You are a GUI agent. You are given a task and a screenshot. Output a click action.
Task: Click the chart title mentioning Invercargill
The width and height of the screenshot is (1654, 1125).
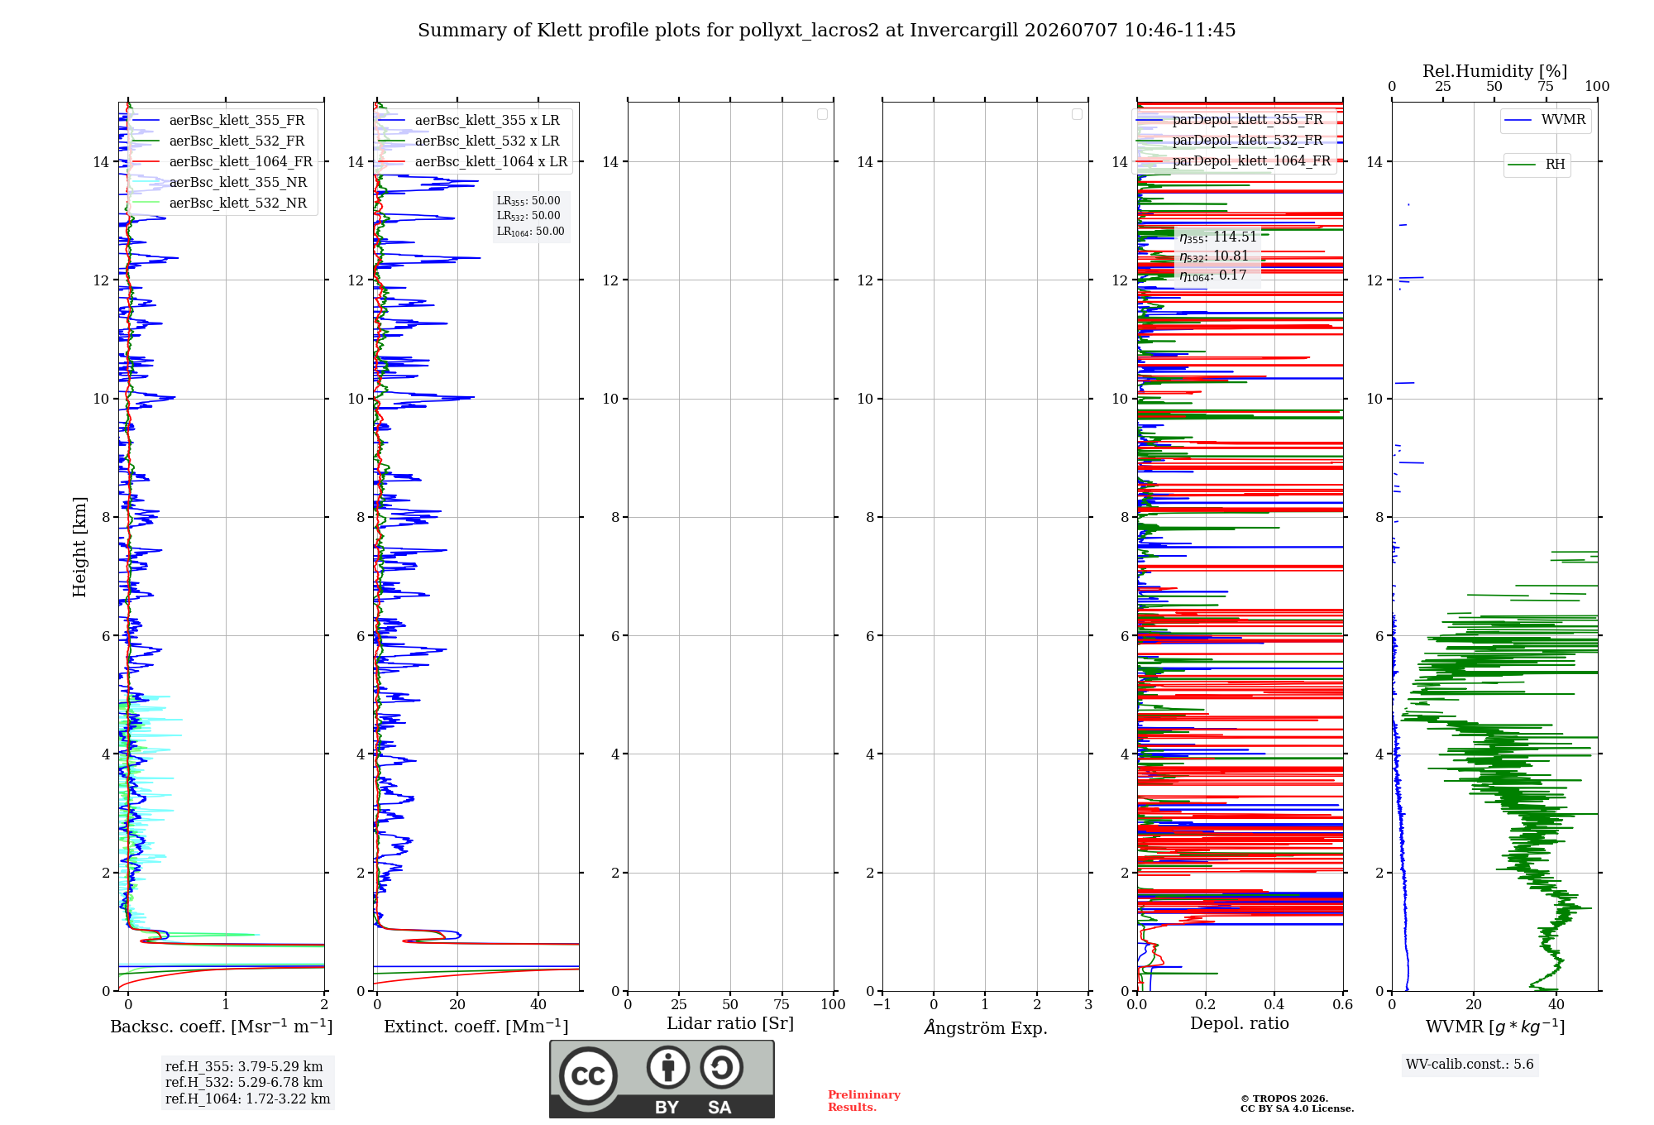click(826, 31)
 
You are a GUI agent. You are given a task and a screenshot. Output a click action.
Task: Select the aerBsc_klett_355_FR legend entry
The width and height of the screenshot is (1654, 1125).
click(218, 121)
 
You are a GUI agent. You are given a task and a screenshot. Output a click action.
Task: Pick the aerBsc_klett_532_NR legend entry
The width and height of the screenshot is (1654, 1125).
click(219, 203)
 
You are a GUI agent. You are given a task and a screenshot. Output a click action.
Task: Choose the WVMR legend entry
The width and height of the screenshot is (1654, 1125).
click(1545, 120)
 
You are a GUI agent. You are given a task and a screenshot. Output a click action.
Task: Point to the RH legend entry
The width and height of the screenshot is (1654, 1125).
click(1536, 165)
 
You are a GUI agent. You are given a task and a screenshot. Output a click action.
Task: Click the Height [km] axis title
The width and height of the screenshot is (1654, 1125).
click(79, 547)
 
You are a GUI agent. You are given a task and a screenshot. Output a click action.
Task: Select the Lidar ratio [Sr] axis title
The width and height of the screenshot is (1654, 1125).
click(730, 1024)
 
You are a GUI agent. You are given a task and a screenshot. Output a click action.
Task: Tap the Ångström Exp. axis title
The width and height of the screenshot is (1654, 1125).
click(986, 1027)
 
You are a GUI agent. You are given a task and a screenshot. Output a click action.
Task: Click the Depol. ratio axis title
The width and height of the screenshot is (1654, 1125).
click(1240, 1024)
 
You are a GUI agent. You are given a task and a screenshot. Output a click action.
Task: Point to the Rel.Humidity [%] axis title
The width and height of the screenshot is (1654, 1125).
click(1495, 71)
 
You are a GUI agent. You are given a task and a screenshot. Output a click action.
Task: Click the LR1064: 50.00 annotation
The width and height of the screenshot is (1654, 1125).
click(530, 232)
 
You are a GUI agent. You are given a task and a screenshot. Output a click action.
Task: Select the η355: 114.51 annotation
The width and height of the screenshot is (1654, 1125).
click(1218, 237)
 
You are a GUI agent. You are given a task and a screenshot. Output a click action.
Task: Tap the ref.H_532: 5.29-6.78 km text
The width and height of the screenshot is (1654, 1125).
click(244, 1083)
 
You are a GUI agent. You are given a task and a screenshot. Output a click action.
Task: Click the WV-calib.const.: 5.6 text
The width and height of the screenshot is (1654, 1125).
click(1470, 1065)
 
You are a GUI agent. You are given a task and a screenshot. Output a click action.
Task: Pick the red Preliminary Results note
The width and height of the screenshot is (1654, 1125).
click(864, 1101)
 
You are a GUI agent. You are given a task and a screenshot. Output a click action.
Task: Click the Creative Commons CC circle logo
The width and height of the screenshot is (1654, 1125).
click(588, 1075)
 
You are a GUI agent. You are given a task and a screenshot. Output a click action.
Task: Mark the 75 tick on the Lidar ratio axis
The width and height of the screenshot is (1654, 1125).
click(782, 1005)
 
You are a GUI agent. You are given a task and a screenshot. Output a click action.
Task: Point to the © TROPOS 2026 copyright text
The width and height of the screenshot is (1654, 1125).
click(1284, 1099)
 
